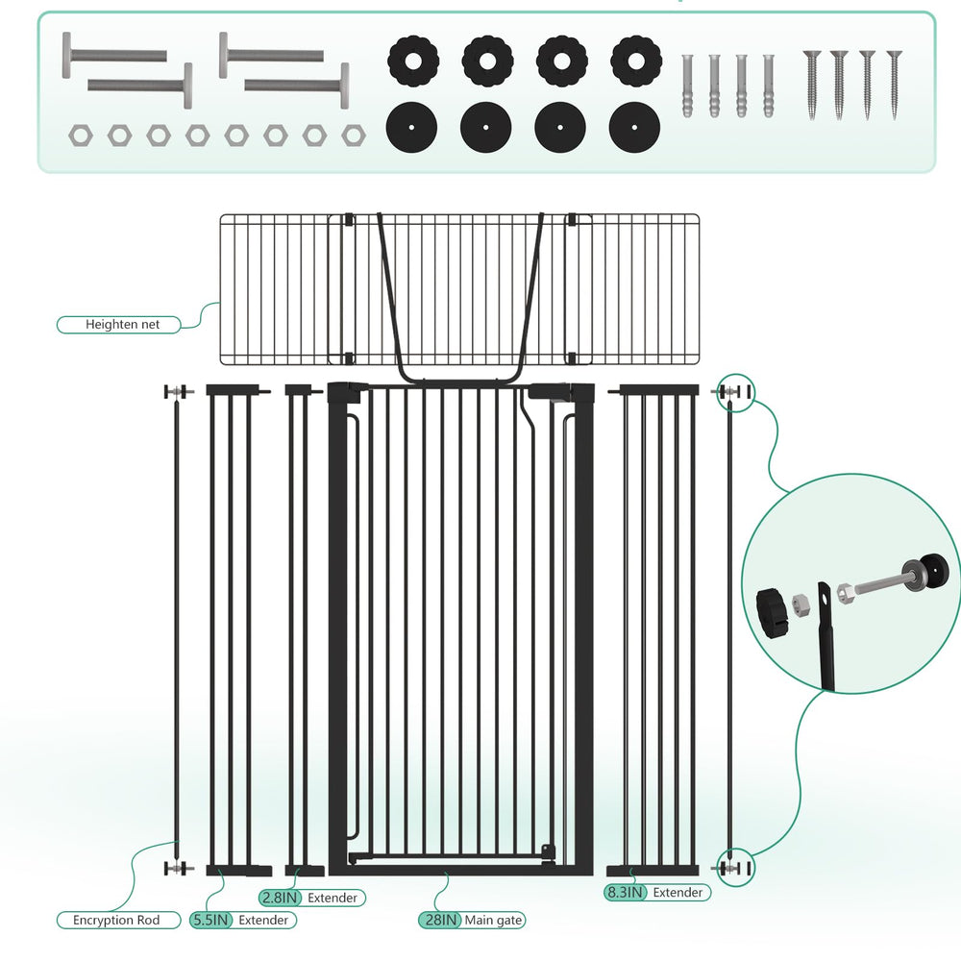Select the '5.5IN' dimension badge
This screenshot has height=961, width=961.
(x=211, y=920)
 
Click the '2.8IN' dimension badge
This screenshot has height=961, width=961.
(x=280, y=898)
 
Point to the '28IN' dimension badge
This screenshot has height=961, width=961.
(x=440, y=920)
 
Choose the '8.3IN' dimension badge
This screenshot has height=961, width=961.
(x=626, y=893)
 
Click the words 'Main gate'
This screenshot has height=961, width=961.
(x=493, y=920)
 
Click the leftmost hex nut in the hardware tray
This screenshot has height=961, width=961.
(x=81, y=136)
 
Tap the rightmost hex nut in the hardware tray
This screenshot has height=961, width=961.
(x=354, y=136)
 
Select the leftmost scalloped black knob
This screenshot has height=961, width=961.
(x=413, y=62)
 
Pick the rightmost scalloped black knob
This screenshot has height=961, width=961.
(x=636, y=62)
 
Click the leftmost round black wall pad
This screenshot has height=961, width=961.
(x=411, y=128)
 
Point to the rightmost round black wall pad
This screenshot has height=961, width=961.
(x=634, y=128)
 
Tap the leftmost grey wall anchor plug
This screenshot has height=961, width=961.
(x=688, y=86)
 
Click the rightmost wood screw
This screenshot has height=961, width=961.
(x=894, y=85)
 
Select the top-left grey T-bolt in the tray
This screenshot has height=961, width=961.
(x=114, y=56)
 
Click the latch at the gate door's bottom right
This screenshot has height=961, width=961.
(x=548, y=853)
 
